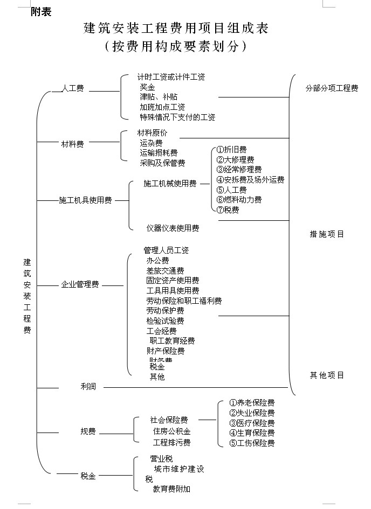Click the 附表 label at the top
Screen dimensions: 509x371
[x=42, y=12]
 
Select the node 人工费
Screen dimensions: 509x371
[x=73, y=89]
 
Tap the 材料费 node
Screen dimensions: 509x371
[x=72, y=144]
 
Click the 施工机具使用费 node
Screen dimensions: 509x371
[x=85, y=200]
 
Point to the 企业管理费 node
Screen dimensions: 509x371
[x=80, y=284]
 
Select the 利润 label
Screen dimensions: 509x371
[x=88, y=386]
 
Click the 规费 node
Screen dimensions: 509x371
[x=88, y=431]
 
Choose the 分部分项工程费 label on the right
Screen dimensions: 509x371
[x=331, y=88]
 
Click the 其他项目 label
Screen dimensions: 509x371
[x=327, y=375]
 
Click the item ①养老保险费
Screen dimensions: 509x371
[x=251, y=403]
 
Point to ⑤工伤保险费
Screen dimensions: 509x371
[x=251, y=443]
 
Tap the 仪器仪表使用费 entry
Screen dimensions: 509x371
[x=173, y=228]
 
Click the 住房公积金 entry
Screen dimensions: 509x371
[x=171, y=431]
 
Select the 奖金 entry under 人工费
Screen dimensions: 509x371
[x=147, y=87]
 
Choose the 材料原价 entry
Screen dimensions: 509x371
[x=153, y=133]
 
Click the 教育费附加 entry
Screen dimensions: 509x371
[x=171, y=489]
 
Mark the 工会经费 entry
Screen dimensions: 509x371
[x=161, y=331]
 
